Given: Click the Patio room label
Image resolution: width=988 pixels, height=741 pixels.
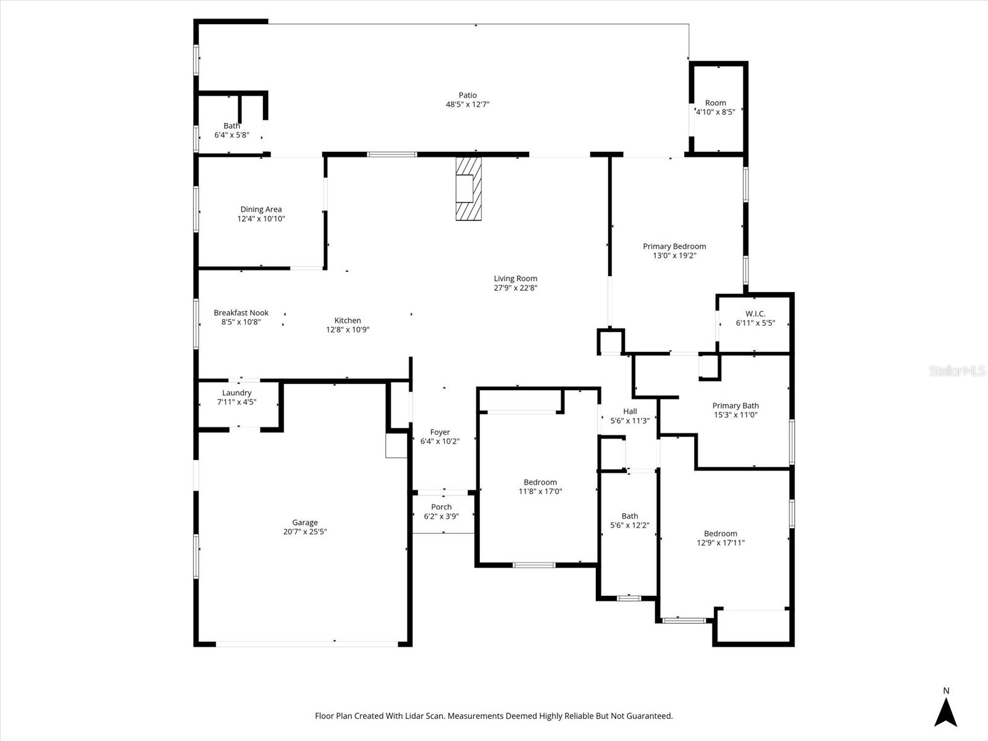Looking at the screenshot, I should tap(467, 96).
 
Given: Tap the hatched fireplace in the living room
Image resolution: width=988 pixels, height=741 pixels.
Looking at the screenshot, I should tap(468, 188).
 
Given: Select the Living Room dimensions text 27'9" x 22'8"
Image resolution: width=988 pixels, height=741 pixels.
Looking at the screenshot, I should tap(515, 288).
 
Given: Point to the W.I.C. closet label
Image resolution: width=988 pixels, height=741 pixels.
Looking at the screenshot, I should tap(755, 314).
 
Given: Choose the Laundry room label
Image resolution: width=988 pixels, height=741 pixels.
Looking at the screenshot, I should tap(237, 393).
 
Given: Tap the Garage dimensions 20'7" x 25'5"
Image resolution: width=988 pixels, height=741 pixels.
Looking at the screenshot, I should tap(305, 532).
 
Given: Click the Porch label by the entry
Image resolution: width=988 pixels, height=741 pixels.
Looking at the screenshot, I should tap(442, 507).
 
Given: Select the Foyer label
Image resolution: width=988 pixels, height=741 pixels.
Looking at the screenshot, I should tap(440, 432).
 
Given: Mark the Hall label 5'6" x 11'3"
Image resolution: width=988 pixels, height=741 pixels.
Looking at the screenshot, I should tap(630, 416).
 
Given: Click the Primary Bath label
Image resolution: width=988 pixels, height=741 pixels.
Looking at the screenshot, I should tap(735, 406).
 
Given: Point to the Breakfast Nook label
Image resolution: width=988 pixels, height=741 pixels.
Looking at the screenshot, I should tap(241, 313).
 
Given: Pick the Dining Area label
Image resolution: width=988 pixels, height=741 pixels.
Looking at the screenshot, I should tap(261, 210).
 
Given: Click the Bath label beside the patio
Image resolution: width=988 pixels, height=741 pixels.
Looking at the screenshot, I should tap(232, 126).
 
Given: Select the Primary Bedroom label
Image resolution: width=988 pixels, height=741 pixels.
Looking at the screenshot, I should tap(674, 246).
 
